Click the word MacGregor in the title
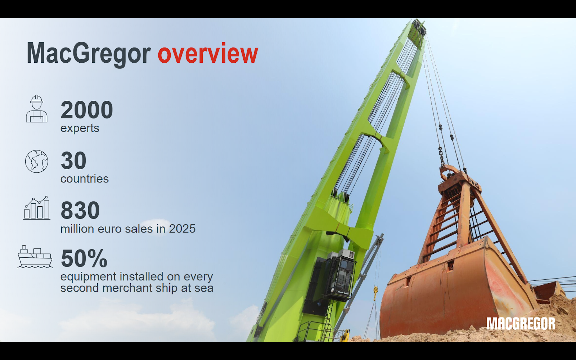pos(89,54)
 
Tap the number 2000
pos(87,110)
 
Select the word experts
pos(80,128)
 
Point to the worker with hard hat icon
pos(36,108)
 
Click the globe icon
pos(36,161)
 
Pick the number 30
pos(73,161)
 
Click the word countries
pos(84,179)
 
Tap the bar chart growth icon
pos(36,208)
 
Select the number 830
pos(80,210)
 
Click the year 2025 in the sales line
pos(182,229)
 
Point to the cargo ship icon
pos(35,257)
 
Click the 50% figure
pos(84,258)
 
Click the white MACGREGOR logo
pos(521,324)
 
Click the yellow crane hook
pos(375,293)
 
